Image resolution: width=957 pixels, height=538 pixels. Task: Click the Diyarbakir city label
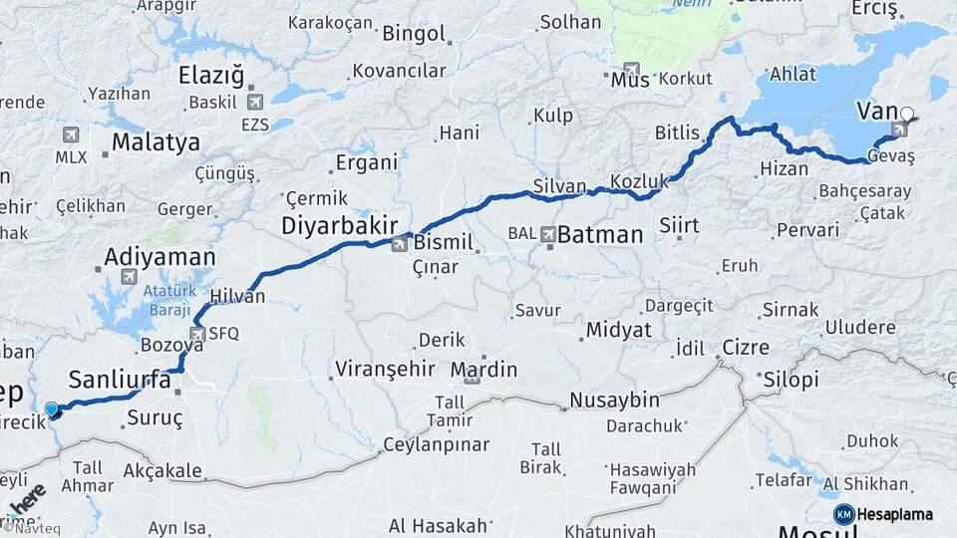(x=339, y=225)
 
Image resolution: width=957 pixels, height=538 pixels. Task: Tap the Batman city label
(x=599, y=236)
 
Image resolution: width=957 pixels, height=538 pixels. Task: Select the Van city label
(x=876, y=111)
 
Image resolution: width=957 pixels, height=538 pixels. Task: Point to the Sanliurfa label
(x=120, y=379)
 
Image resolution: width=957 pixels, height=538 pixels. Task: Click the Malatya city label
(x=156, y=142)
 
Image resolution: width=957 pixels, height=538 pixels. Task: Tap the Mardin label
(x=483, y=371)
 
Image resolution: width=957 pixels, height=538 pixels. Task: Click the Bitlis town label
(x=679, y=133)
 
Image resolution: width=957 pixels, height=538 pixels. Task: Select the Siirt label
(x=679, y=224)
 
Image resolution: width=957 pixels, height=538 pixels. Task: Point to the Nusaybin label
(x=615, y=401)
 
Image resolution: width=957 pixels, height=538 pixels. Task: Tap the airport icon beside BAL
(x=548, y=235)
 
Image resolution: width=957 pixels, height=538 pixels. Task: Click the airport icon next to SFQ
(x=197, y=334)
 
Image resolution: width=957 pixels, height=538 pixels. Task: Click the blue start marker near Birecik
(x=52, y=408)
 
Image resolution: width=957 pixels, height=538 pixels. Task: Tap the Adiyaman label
(x=159, y=257)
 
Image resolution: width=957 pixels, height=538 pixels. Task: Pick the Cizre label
(x=746, y=348)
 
